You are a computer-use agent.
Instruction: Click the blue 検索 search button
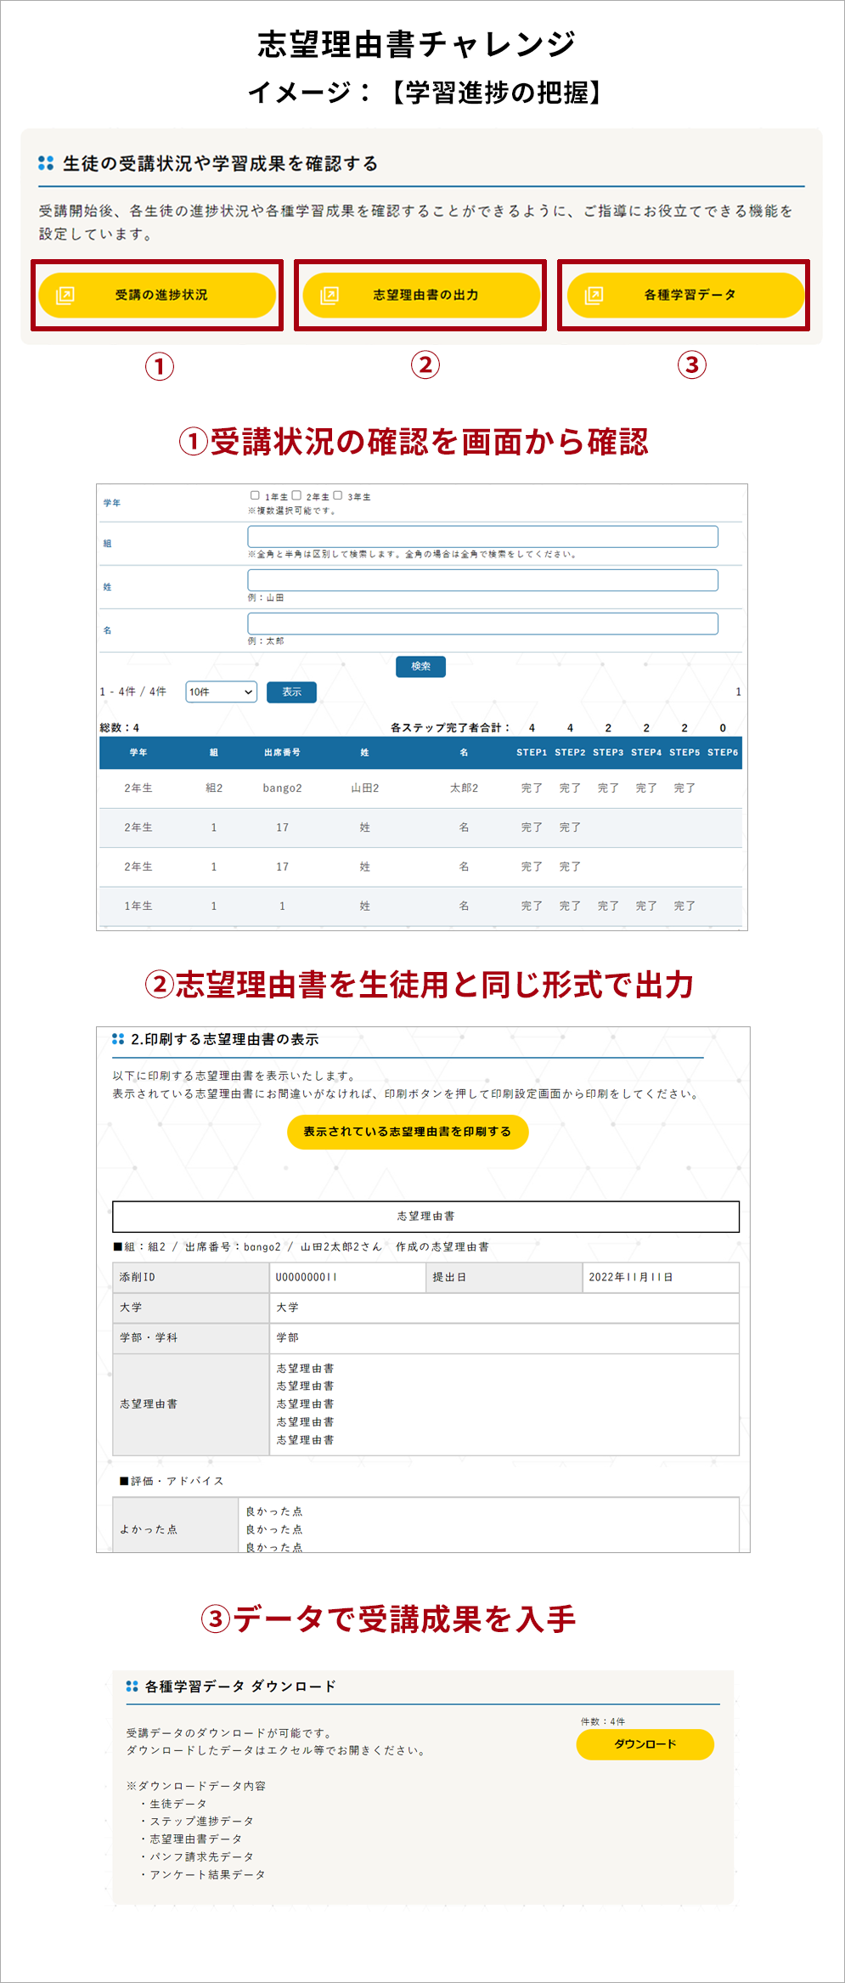coord(420,666)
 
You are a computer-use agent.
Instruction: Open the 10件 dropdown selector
coord(221,692)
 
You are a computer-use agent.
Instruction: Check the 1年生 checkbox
coord(255,495)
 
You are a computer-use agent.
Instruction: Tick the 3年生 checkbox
coord(337,495)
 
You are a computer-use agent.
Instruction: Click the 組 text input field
coord(482,536)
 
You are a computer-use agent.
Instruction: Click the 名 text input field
coord(482,624)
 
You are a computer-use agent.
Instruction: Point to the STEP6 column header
coord(723,752)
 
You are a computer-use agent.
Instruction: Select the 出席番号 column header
coord(282,752)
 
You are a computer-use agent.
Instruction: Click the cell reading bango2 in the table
coord(282,788)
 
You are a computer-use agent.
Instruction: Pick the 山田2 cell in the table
coord(365,788)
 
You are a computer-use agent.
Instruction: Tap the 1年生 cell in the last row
coord(138,906)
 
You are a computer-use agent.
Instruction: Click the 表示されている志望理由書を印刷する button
coord(408,1132)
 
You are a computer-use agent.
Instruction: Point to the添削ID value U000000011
coord(307,1277)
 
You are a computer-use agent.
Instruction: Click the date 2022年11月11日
coord(631,1277)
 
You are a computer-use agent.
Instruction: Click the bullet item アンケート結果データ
coord(207,1874)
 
